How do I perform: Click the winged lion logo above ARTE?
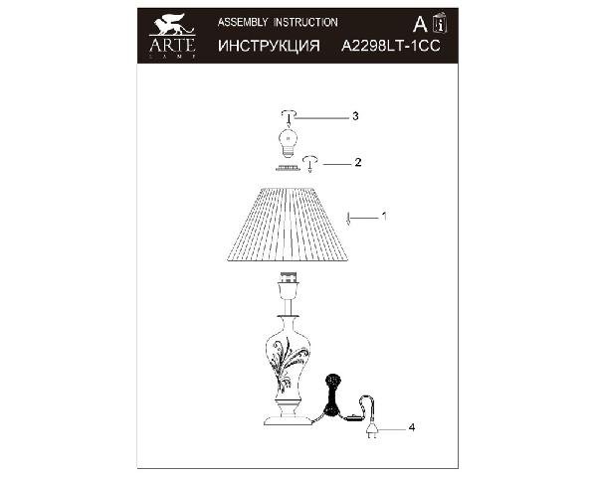[x=172, y=24]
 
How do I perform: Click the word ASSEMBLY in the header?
[x=243, y=23]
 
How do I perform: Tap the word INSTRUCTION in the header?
[x=306, y=23]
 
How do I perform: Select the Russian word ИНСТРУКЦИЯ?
[x=269, y=46]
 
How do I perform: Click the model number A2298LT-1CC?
[x=391, y=46]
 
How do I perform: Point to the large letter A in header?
[x=420, y=24]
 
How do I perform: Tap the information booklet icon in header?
[x=441, y=23]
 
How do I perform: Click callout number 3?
[x=355, y=116]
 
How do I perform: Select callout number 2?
[x=357, y=162]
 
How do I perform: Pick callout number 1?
[x=384, y=216]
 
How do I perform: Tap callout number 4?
[x=412, y=427]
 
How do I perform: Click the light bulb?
[x=289, y=142]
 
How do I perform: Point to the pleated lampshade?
[x=288, y=224]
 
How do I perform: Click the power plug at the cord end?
[x=371, y=431]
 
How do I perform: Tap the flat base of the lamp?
[x=288, y=420]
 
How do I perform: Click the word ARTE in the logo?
[x=172, y=45]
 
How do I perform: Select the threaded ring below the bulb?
[x=286, y=168]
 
